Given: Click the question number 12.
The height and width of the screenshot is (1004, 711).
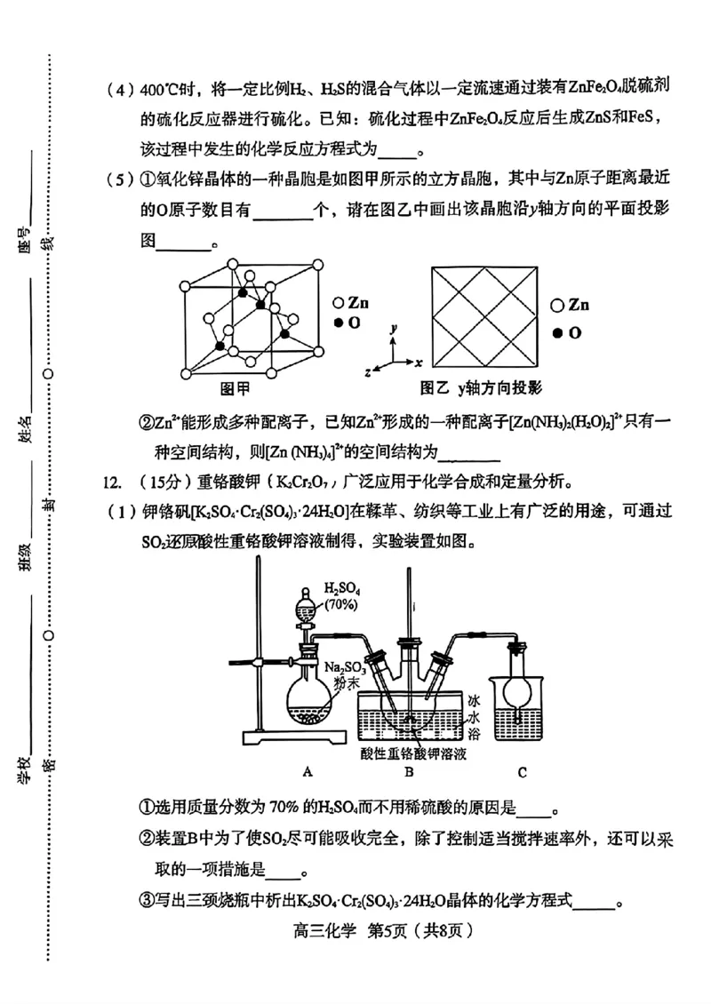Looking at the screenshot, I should tap(111, 482).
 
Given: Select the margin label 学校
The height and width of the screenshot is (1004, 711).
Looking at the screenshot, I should tap(26, 766).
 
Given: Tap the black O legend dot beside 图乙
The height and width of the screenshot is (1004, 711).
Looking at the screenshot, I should tap(557, 332).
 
